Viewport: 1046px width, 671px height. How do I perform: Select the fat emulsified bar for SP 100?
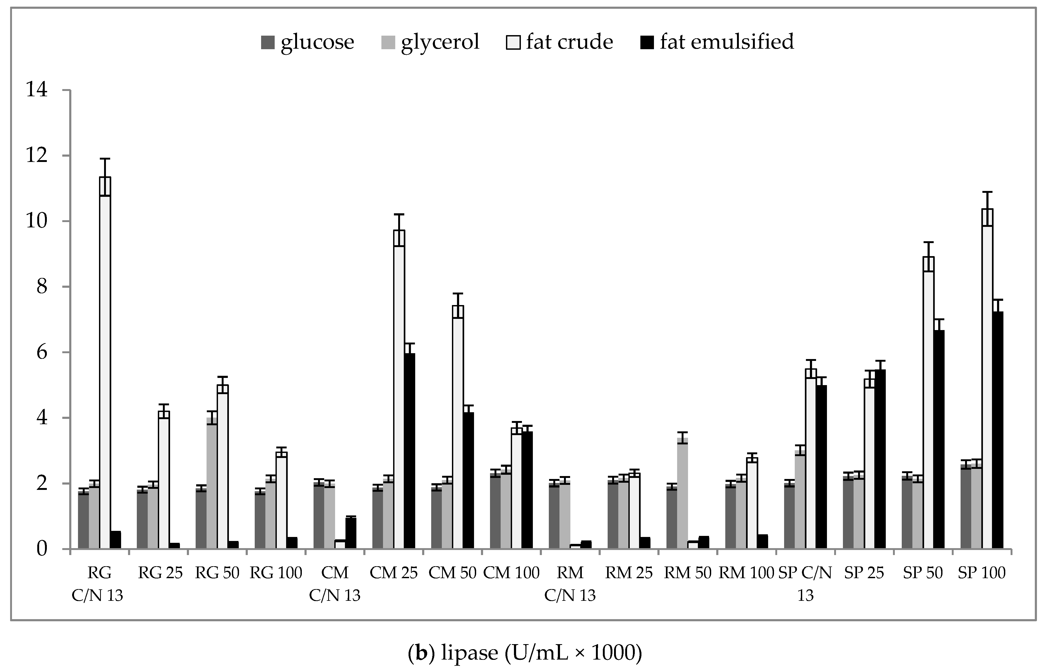click(x=998, y=430)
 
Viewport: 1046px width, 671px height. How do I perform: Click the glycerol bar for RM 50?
click(x=682, y=493)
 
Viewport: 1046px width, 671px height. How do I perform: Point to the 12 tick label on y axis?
click(x=37, y=156)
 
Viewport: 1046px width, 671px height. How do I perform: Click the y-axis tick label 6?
click(x=42, y=352)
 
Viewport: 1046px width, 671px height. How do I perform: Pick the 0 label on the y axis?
click(x=42, y=549)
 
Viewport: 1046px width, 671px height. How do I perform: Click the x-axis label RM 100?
click(x=746, y=573)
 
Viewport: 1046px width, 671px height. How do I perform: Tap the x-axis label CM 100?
click(x=511, y=573)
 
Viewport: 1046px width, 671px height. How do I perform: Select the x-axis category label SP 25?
click(x=864, y=573)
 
